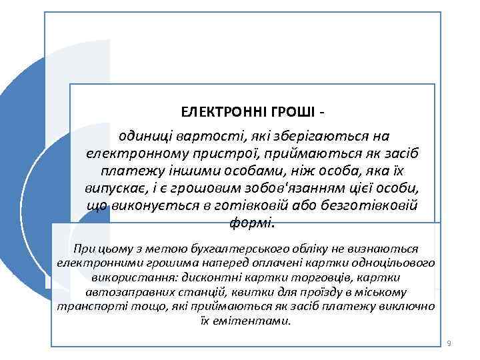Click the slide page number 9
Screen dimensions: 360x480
point(449,343)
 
